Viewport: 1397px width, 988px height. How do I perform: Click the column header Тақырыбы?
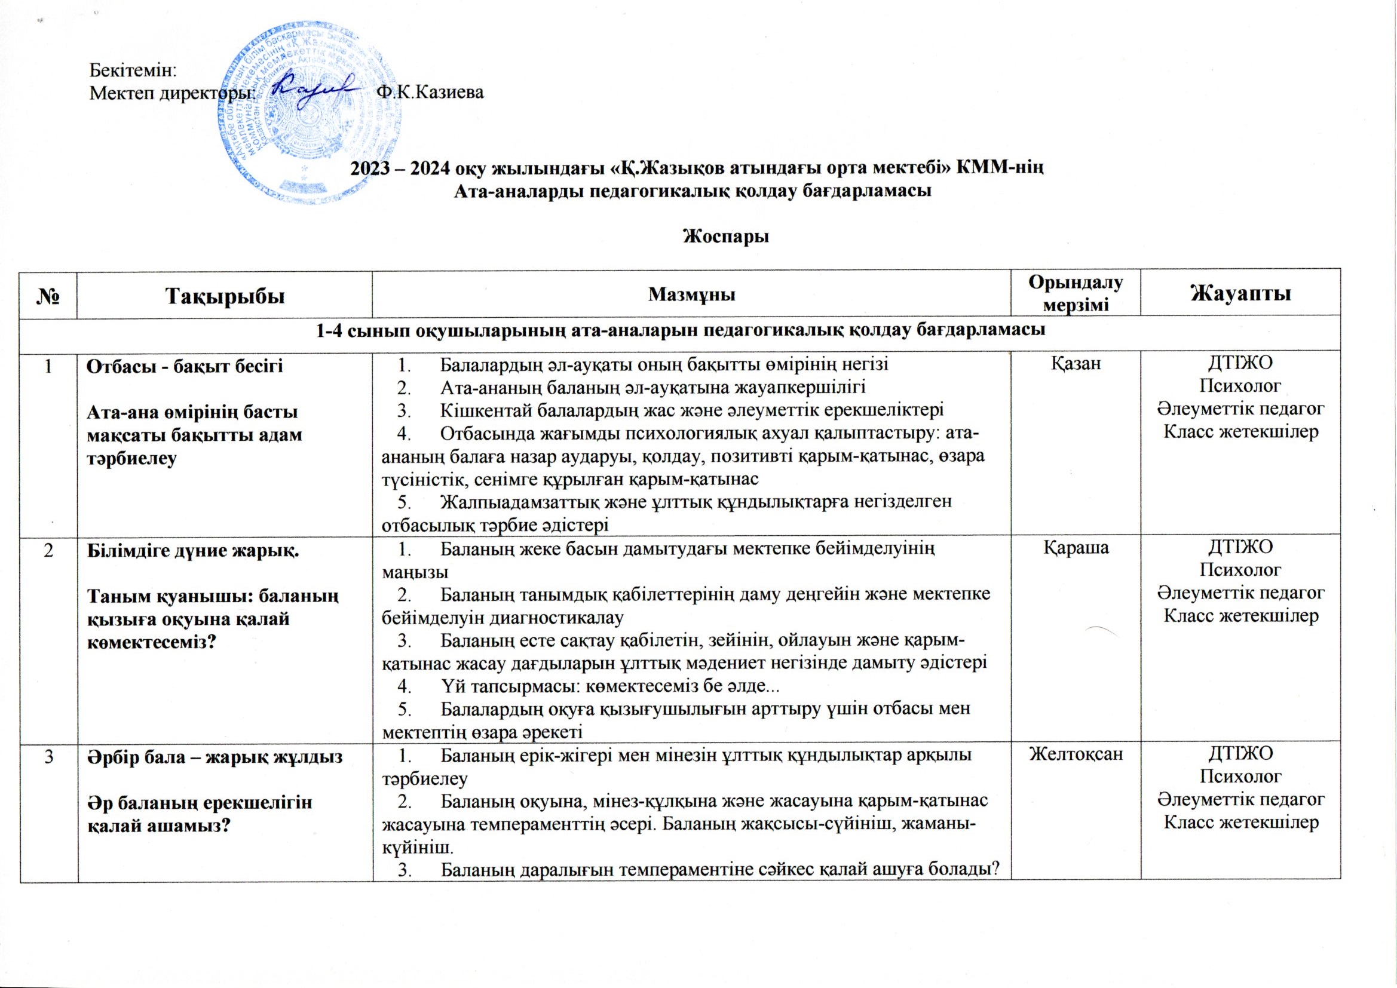pos(225,295)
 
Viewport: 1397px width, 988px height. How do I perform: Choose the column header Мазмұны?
pos(692,295)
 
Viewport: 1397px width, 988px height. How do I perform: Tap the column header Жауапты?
pos(1239,294)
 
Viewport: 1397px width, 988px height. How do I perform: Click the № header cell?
pos(48,296)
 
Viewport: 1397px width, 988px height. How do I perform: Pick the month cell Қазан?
pos(1076,364)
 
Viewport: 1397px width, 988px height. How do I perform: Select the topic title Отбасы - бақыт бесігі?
pos(185,367)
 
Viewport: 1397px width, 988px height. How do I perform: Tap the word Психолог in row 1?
pos(1239,386)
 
